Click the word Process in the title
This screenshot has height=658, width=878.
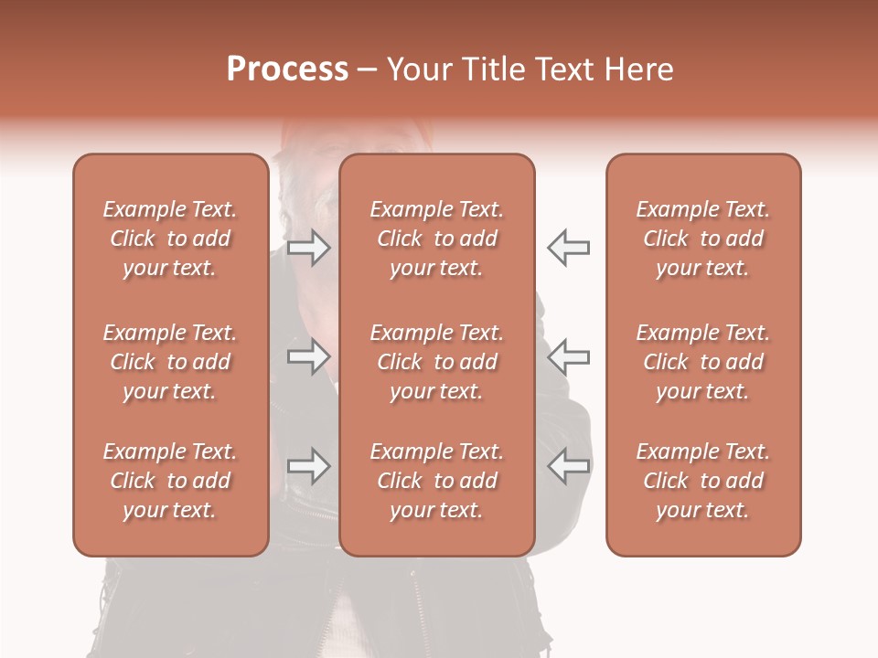pos(287,69)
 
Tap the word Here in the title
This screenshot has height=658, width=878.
pos(637,69)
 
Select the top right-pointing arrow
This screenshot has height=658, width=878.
pos(309,247)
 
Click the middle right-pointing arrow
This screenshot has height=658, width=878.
pos(309,356)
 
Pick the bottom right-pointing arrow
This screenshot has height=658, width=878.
pos(309,466)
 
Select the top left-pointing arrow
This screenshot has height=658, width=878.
pos(568,247)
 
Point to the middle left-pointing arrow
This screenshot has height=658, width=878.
pos(568,356)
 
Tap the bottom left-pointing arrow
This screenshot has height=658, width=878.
pos(568,466)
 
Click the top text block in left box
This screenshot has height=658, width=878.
pos(170,239)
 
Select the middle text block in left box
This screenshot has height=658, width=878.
pos(170,362)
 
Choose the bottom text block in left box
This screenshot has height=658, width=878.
pos(170,481)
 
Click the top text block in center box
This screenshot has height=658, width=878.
pos(436,239)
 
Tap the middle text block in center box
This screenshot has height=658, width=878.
pos(436,362)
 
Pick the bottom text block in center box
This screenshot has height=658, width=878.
pos(436,481)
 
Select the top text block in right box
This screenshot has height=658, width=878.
pos(702,239)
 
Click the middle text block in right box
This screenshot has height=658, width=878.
pos(702,362)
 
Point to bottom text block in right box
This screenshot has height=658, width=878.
pos(702,481)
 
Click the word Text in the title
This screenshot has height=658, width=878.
pos(563,69)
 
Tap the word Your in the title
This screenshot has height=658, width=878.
pos(416,69)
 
